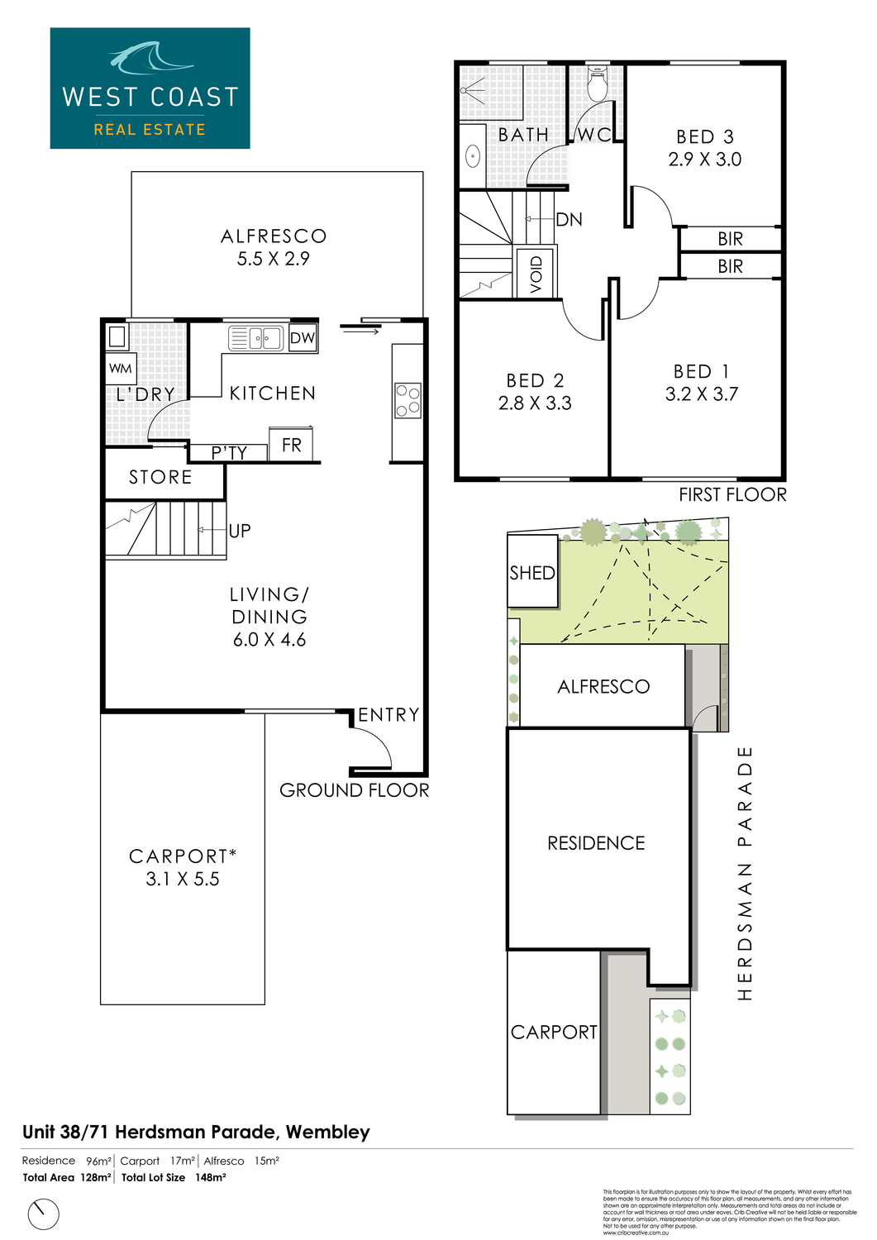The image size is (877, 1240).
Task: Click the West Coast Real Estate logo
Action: coord(150,88)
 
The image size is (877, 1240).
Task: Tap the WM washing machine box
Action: coord(121,369)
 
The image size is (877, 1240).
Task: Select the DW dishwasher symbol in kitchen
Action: coord(303,337)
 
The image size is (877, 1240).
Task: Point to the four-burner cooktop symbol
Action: coord(408,401)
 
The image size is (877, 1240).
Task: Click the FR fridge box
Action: coord(291,445)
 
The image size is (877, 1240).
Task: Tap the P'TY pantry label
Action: coord(229,452)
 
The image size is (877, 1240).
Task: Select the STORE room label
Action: coord(160,477)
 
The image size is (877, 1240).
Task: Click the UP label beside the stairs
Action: coord(240,531)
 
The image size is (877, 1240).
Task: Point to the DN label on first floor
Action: coord(570,219)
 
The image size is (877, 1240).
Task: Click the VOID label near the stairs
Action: coord(536,274)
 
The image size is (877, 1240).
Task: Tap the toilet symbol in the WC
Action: coord(597,85)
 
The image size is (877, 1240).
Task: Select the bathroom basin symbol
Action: coord(473,155)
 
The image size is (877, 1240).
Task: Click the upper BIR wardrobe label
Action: coord(730,239)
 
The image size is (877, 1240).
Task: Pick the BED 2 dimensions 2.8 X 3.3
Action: coord(535,403)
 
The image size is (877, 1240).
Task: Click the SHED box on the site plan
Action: coord(532,572)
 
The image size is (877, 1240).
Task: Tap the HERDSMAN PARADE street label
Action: coord(745,874)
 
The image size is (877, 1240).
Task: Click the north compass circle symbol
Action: coord(44,1214)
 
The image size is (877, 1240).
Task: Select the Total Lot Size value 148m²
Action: coord(211,1177)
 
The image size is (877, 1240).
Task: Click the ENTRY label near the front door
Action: coord(388,715)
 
